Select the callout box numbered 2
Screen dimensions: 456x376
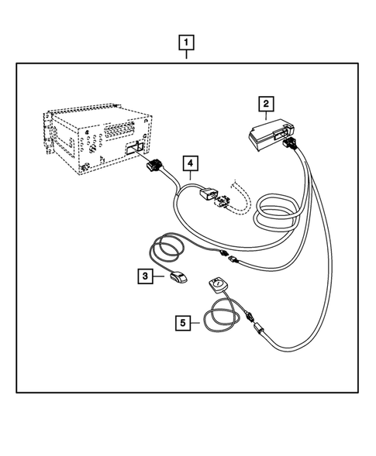point(265,102)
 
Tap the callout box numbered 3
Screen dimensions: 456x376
point(145,275)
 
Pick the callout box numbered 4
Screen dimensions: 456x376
point(188,163)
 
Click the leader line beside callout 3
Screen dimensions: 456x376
point(158,275)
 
